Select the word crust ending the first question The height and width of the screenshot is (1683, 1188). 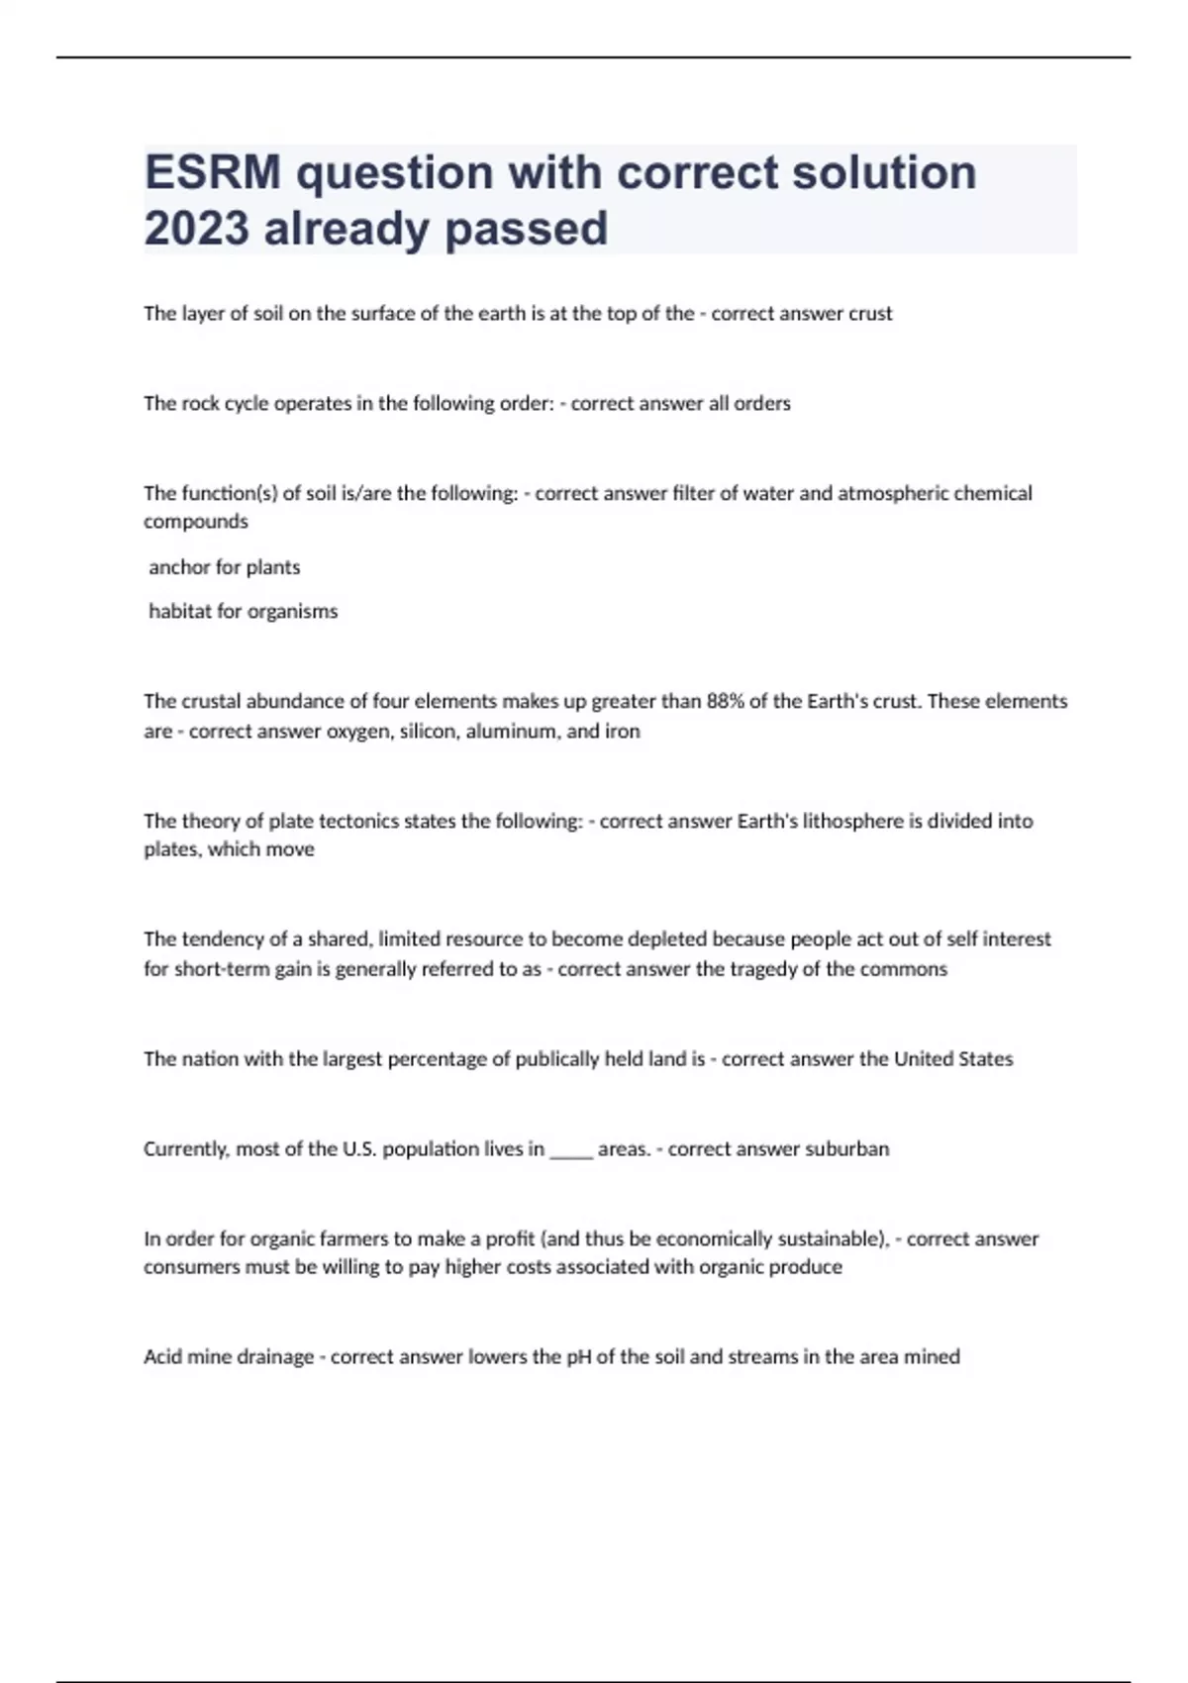click(x=870, y=314)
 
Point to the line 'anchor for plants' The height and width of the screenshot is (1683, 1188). click(x=225, y=567)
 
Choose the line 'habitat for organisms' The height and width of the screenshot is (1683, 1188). click(x=244, y=612)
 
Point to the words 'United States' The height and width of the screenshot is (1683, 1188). click(x=953, y=1059)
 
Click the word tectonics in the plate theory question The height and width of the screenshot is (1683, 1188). click(x=385, y=821)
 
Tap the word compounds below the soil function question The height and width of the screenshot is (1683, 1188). click(x=196, y=522)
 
